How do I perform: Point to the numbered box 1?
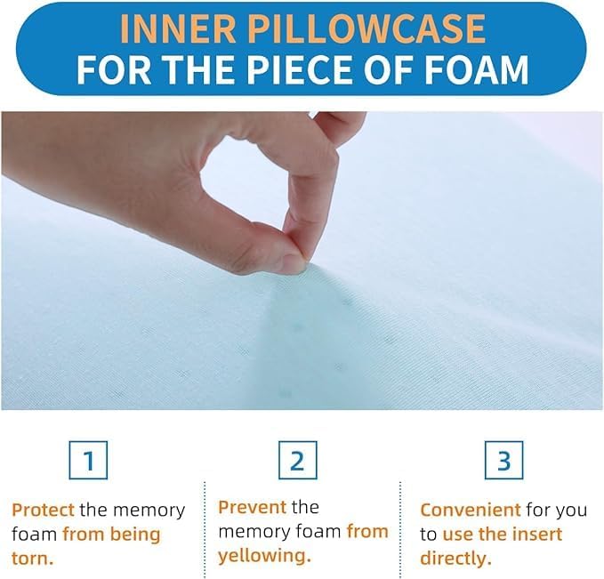point(88,460)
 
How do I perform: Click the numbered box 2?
point(297,460)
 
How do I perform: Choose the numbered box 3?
point(503,460)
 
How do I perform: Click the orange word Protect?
point(43,510)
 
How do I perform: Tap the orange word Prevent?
point(253,507)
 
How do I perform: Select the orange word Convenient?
point(471,510)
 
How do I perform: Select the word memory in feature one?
point(149,511)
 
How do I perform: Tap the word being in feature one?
point(135,535)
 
